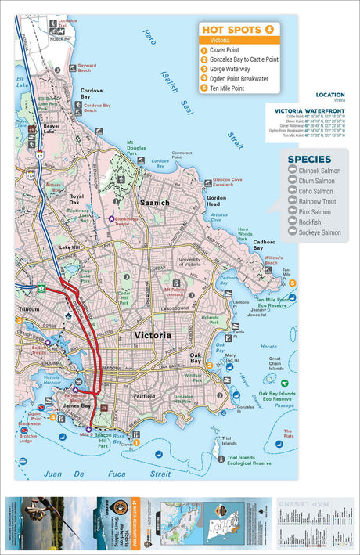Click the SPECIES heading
pos(309,160)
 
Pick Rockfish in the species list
pos(305,222)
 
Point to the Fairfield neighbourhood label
pos(142,397)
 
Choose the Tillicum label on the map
pos(28,310)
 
